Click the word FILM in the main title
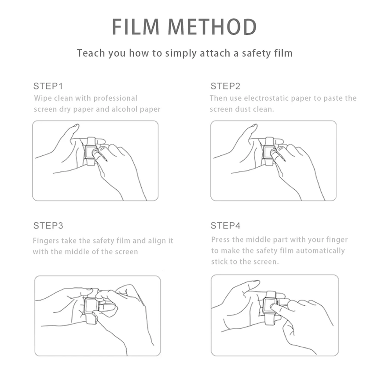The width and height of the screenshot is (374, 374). click(136, 27)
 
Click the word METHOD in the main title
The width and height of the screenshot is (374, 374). click(213, 27)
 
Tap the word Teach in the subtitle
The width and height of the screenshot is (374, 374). click(91, 53)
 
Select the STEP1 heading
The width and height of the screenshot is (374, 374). click(48, 86)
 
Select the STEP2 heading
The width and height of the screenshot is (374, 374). click(225, 86)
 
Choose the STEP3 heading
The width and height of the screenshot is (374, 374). click(48, 225)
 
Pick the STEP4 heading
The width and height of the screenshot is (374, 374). click(225, 225)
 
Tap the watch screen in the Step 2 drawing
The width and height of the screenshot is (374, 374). click(268, 152)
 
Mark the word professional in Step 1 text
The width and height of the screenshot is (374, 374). click(115, 99)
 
